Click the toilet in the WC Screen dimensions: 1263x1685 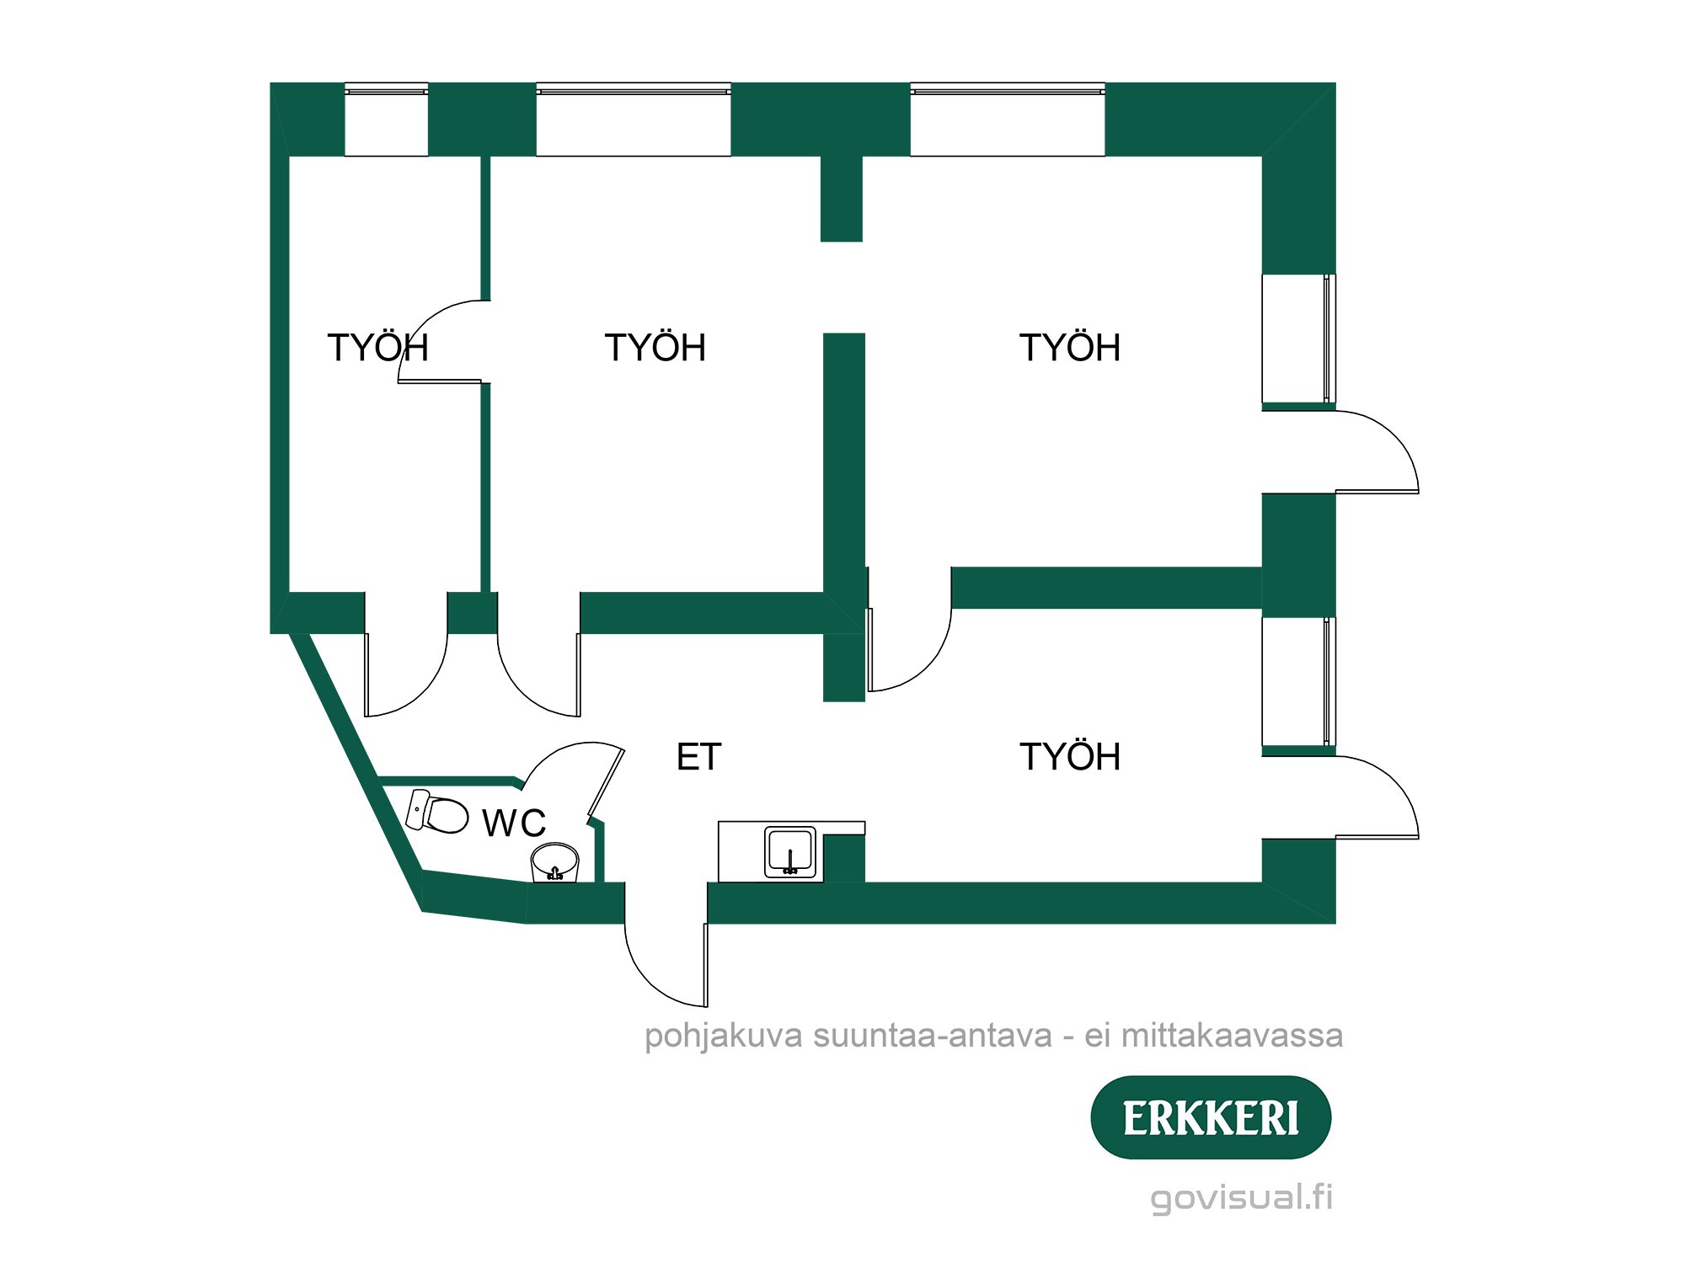click(438, 813)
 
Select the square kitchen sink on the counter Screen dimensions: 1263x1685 click(790, 851)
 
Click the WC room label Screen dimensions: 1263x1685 click(514, 823)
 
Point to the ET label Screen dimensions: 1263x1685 click(698, 757)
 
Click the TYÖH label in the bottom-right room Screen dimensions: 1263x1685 click(1070, 757)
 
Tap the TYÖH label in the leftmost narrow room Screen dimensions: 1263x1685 click(377, 348)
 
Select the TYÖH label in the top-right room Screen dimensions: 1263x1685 click(1070, 348)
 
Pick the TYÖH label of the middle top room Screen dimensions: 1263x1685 click(655, 348)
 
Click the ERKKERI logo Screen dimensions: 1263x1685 click(1211, 1117)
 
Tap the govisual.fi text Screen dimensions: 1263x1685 click(1242, 1196)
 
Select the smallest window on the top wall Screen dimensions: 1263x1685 click(387, 120)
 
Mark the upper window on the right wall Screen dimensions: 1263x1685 click(1298, 338)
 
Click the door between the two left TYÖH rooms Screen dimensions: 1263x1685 click(442, 341)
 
